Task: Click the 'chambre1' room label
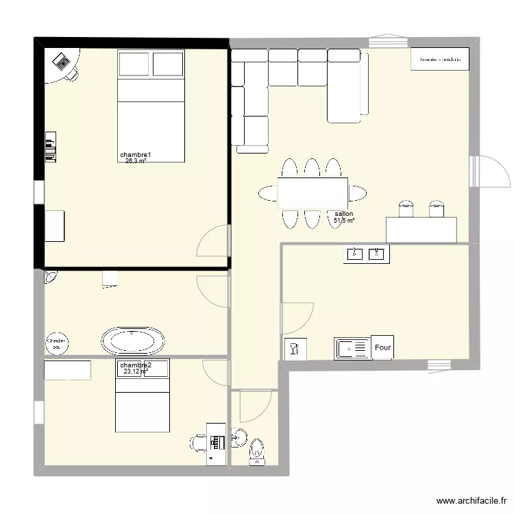pos(135,156)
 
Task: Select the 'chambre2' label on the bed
pos(136,365)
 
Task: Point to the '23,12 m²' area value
pos(136,372)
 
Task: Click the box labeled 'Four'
pos(382,348)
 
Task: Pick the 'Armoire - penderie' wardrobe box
pos(439,60)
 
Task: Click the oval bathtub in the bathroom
pos(133,340)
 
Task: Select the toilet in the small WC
pos(257,451)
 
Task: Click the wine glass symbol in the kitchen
pos(293,349)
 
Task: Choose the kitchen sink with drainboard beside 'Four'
pos(352,349)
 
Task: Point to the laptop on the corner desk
pos(62,62)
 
